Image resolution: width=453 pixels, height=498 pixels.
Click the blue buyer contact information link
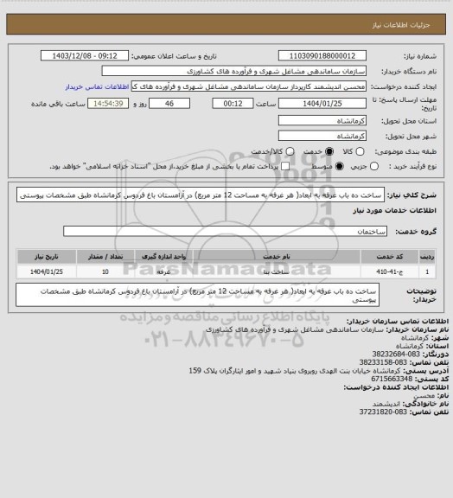[x=97, y=87]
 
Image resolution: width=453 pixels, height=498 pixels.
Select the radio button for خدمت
[x=320, y=150]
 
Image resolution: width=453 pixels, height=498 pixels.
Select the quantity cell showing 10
[x=105, y=271]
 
